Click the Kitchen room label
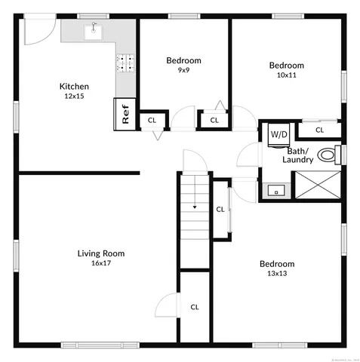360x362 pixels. click(75, 87)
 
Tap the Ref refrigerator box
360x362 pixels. click(125, 114)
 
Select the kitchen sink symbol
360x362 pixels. click(94, 30)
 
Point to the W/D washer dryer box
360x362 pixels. click(279, 133)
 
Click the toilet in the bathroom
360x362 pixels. click(327, 155)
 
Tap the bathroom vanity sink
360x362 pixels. click(276, 191)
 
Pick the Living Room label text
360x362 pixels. click(100, 253)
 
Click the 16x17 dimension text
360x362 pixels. click(100, 263)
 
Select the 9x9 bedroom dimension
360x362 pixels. click(183, 70)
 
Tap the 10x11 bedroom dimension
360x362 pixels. click(287, 75)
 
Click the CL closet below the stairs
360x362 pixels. click(195, 307)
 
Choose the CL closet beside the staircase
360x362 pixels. click(220, 209)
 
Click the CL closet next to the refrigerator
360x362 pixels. click(152, 120)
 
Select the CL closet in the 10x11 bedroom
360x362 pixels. click(319, 130)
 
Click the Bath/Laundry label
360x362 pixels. click(298, 155)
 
